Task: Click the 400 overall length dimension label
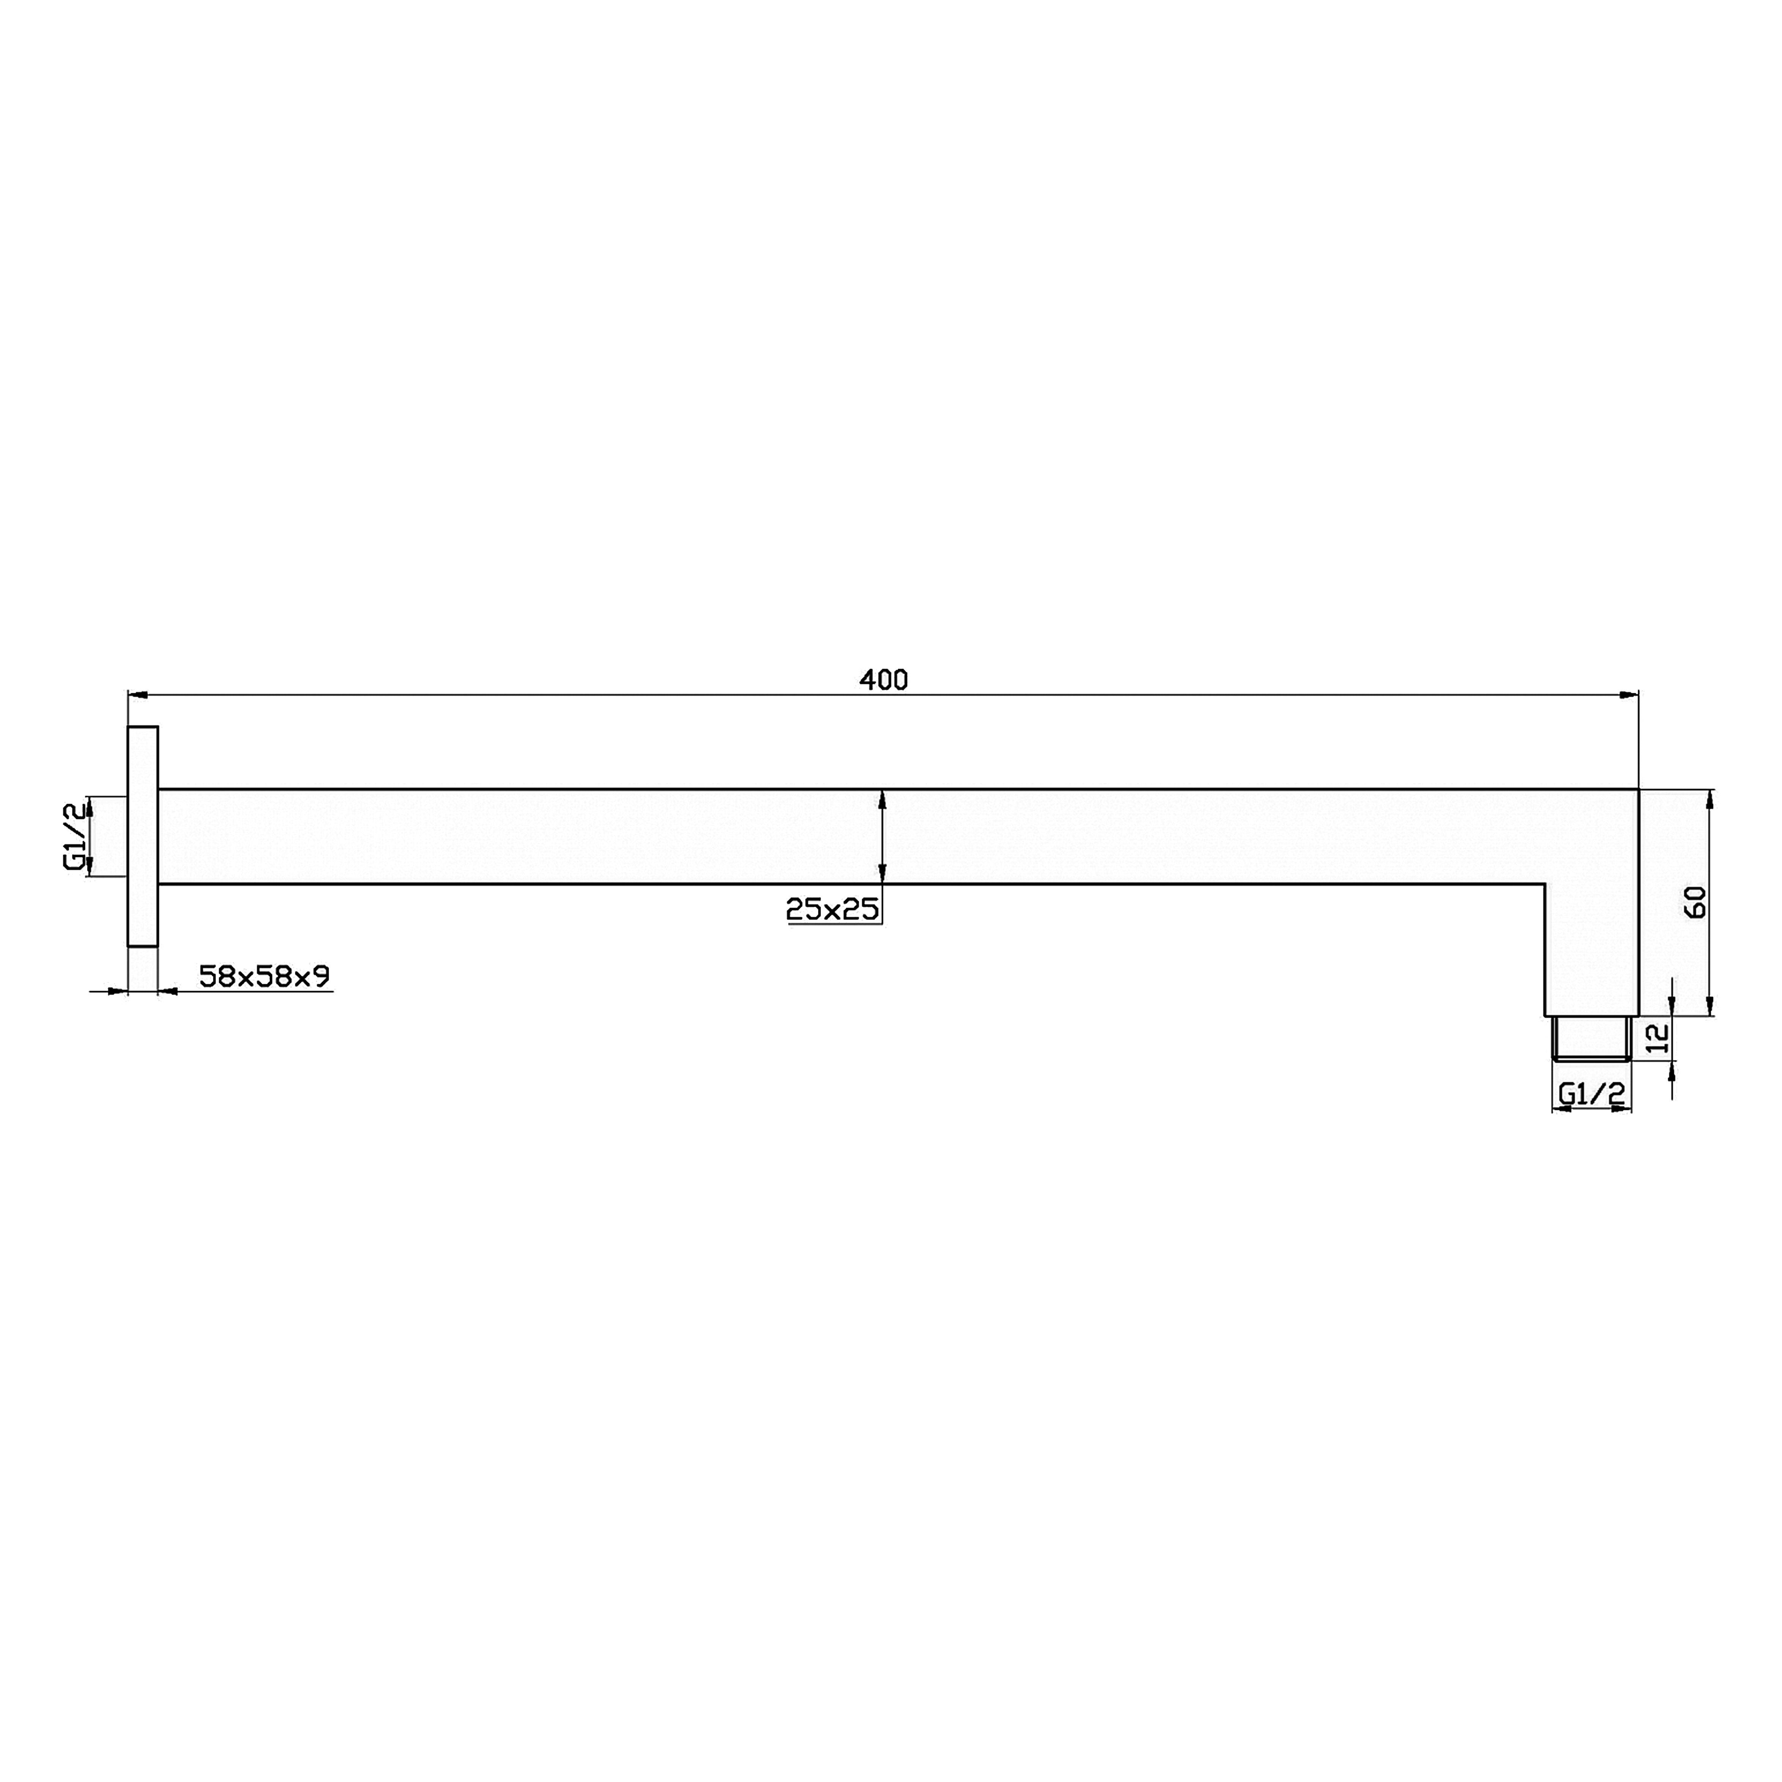point(884,680)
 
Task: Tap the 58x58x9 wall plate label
point(265,976)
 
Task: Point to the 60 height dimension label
point(1695,901)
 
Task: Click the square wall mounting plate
point(143,836)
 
